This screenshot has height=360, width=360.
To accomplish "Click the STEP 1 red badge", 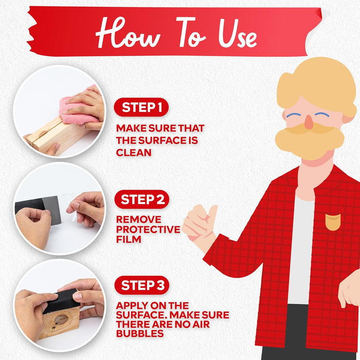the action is click(x=141, y=107).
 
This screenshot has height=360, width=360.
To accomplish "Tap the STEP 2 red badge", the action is click(x=141, y=200).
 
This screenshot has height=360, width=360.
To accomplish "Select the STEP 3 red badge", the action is click(x=141, y=285).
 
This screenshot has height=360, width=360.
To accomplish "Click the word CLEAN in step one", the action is click(x=134, y=153).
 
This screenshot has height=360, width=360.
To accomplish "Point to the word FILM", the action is click(x=129, y=240).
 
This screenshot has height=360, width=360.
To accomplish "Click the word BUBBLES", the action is click(x=139, y=334).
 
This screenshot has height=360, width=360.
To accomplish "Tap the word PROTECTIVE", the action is click(x=148, y=229).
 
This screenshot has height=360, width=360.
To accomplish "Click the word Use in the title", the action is click(x=238, y=34).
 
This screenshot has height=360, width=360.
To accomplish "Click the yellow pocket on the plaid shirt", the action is click(x=333, y=222).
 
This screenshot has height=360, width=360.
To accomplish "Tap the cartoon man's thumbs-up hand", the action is click(x=200, y=224).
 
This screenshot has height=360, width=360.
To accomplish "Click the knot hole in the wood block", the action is click(x=61, y=319).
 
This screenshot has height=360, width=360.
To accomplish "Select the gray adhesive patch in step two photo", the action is click(x=52, y=209).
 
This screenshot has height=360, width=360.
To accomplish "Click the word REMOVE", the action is click(x=139, y=220).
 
